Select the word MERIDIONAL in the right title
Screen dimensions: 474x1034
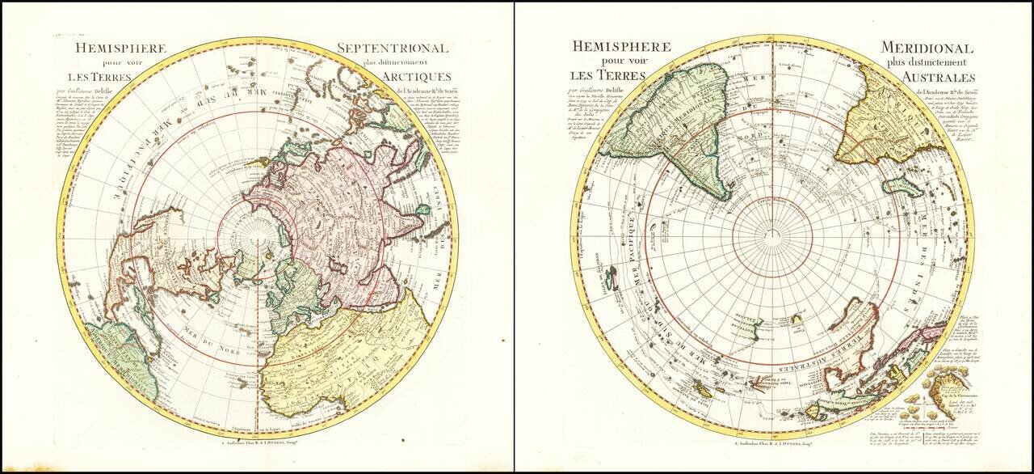pyautogui.click(x=927, y=49)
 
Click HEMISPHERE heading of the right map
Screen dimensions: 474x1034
pyautogui.click(x=621, y=47)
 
